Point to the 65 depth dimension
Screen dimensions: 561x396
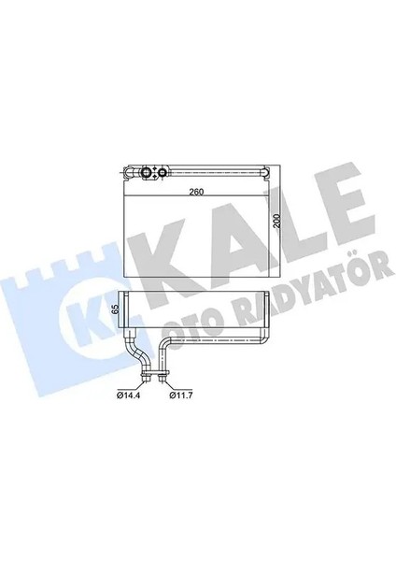point(116,309)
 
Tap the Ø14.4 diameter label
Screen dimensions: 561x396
point(131,396)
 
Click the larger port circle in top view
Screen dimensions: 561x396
point(147,172)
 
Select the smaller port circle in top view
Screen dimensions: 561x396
point(162,172)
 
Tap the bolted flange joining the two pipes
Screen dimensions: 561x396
point(155,379)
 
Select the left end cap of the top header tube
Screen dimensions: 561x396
point(125,172)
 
